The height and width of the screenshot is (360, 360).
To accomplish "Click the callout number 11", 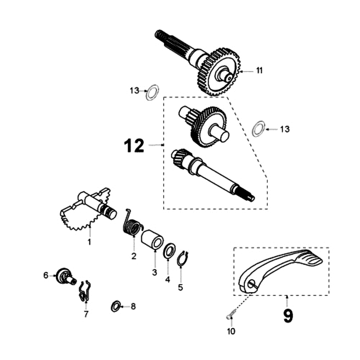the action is (x=260, y=71).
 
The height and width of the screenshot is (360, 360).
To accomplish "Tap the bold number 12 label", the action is (x=134, y=145).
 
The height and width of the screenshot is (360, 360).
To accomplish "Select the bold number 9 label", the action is (x=288, y=316).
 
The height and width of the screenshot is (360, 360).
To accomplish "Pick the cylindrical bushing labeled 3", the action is (x=152, y=239).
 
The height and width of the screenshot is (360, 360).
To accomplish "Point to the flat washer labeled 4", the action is (x=170, y=250).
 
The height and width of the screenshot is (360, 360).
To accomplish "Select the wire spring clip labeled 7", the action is (x=84, y=291).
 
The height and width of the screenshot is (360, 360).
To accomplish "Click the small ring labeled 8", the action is (x=116, y=306).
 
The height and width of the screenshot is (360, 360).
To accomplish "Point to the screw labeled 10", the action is (x=231, y=314).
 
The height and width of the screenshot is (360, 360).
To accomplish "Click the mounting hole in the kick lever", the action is (x=251, y=284).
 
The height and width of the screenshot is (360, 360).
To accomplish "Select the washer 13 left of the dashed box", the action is (x=152, y=92).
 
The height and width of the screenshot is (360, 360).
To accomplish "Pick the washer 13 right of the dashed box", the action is (x=258, y=129).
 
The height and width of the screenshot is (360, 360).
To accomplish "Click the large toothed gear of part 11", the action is (x=219, y=72).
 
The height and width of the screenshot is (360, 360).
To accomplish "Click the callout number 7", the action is (x=86, y=314).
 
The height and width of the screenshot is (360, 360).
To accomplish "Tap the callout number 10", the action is (x=231, y=331).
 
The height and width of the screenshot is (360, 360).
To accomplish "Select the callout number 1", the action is (x=89, y=242).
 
